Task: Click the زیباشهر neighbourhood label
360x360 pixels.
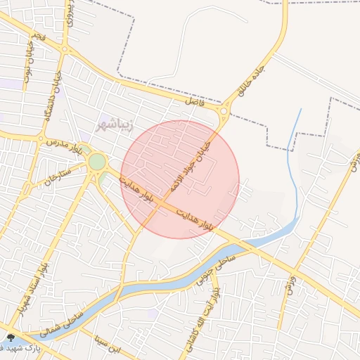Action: [x=112, y=127]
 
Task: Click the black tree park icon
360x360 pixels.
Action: [x=10, y=338]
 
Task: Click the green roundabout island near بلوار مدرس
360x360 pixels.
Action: [x=97, y=162]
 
